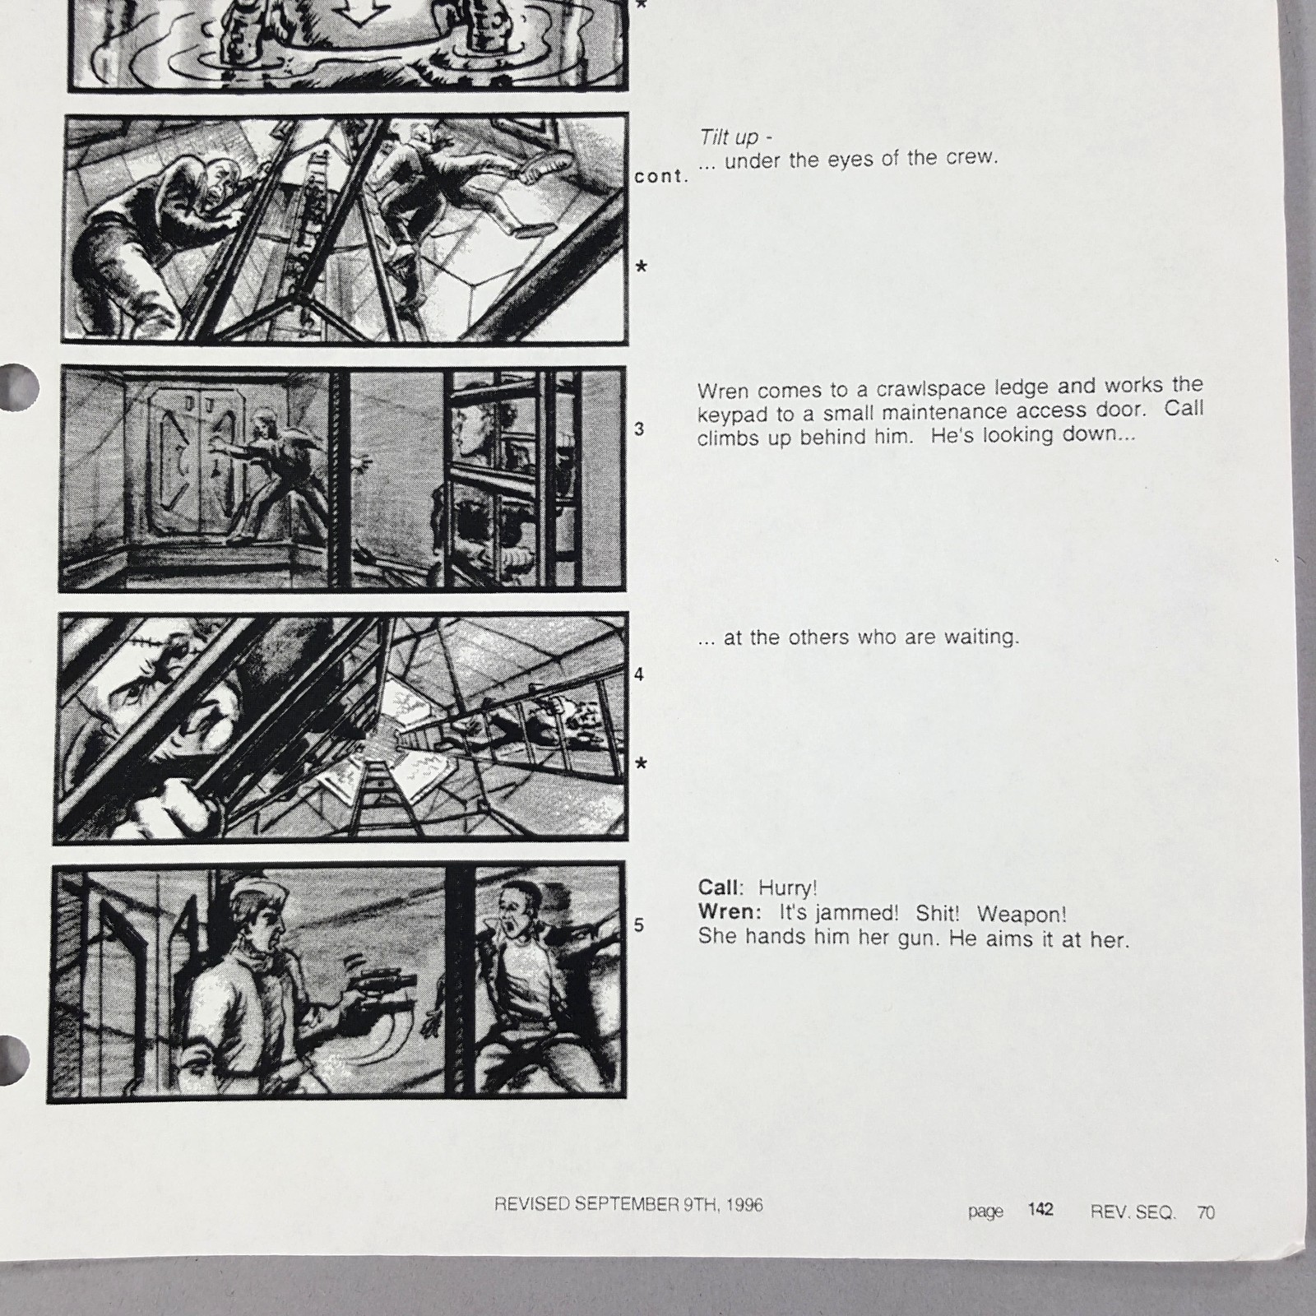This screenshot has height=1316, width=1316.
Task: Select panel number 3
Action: tap(639, 429)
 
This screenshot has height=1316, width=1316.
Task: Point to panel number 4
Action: tap(639, 674)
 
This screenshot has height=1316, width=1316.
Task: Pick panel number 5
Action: tap(639, 925)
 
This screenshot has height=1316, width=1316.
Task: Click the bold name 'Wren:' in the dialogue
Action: tap(726, 912)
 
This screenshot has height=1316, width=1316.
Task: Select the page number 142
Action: tap(1040, 1209)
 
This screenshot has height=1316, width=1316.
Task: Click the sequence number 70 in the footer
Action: tap(1206, 1212)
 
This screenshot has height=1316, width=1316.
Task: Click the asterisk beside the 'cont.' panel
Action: tap(642, 268)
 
